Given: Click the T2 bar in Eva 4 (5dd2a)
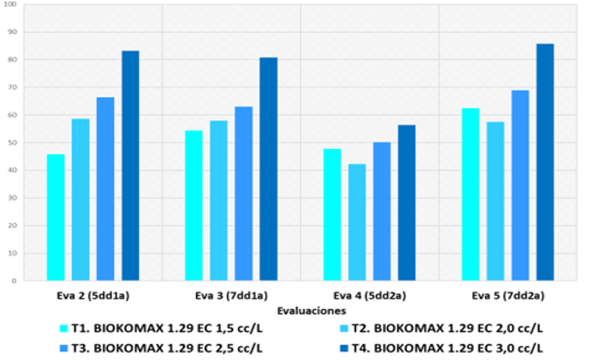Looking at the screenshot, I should (x=357, y=223).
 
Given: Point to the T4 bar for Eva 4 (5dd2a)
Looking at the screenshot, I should (x=406, y=203).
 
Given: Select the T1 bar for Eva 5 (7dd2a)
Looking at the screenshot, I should (x=471, y=195).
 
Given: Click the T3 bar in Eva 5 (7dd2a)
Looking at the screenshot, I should (x=520, y=186).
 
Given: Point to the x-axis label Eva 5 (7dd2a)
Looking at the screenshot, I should (x=508, y=296).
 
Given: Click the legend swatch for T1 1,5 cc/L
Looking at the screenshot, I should (x=63, y=329).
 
